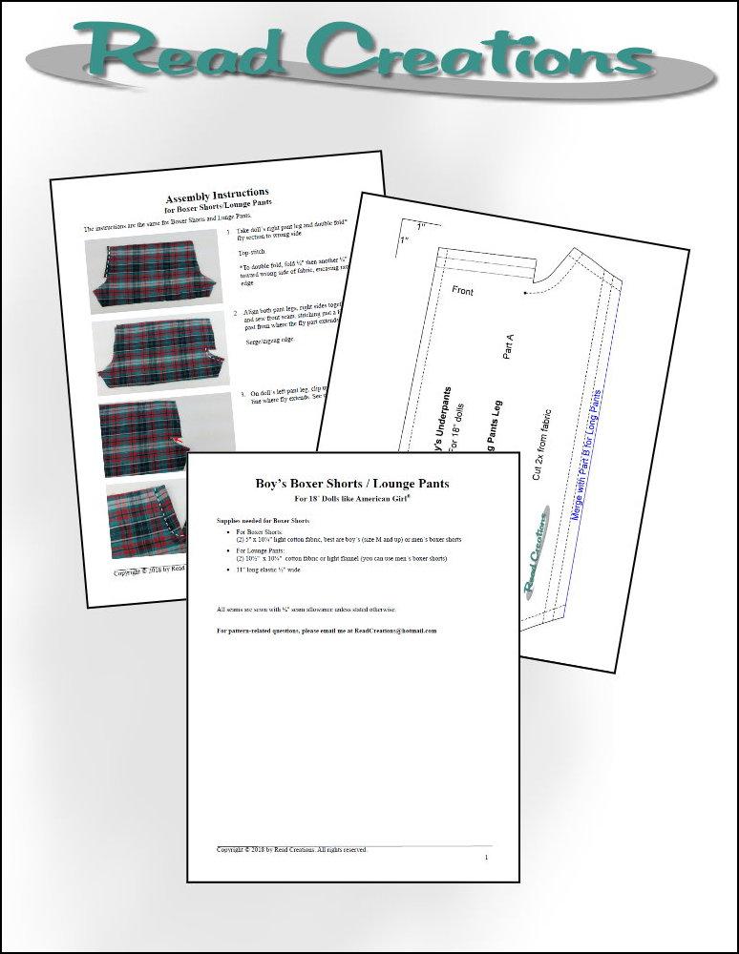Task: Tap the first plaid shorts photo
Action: click(x=140, y=273)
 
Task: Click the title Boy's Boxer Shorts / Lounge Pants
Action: click(x=352, y=484)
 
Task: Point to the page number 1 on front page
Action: click(x=486, y=857)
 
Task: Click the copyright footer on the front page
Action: click(x=291, y=848)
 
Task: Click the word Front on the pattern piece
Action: click(x=462, y=290)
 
